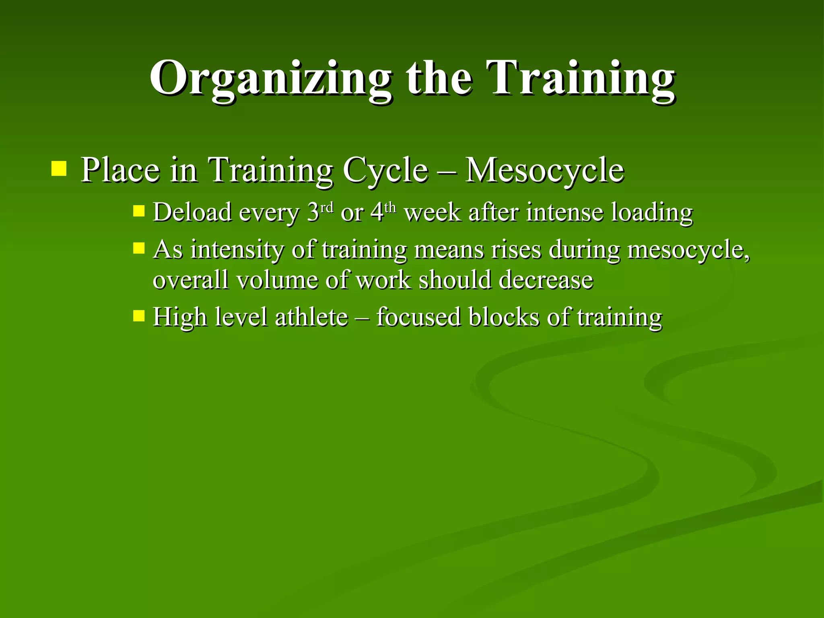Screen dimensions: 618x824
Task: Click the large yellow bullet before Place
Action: click(x=59, y=169)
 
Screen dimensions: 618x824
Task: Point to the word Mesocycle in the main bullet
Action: click(x=544, y=170)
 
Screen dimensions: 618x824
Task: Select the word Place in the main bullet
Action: click(x=120, y=170)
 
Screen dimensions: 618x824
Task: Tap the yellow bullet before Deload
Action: click(x=138, y=211)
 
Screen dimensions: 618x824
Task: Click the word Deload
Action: click(x=193, y=212)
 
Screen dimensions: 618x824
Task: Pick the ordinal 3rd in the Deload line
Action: click(x=320, y=211)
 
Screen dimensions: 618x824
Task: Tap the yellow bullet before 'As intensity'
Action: click(x=138, y=248)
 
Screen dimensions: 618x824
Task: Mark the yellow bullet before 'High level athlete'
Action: click(x=138, y=315)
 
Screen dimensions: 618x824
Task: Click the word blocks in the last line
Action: click(x=503, y=317)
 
